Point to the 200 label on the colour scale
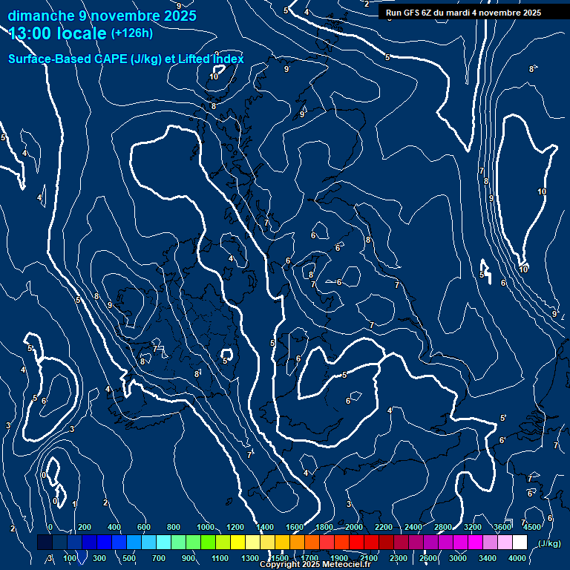tap(84, 527)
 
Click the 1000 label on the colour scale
tap(206, 527)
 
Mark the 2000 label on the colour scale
tap(354, 527)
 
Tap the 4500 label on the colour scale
tap(532, 527)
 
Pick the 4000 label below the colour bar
tap(517, 557)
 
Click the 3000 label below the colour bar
tap(458, 557)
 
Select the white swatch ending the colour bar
tap(520, 543)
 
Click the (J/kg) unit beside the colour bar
tap(549, 543)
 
